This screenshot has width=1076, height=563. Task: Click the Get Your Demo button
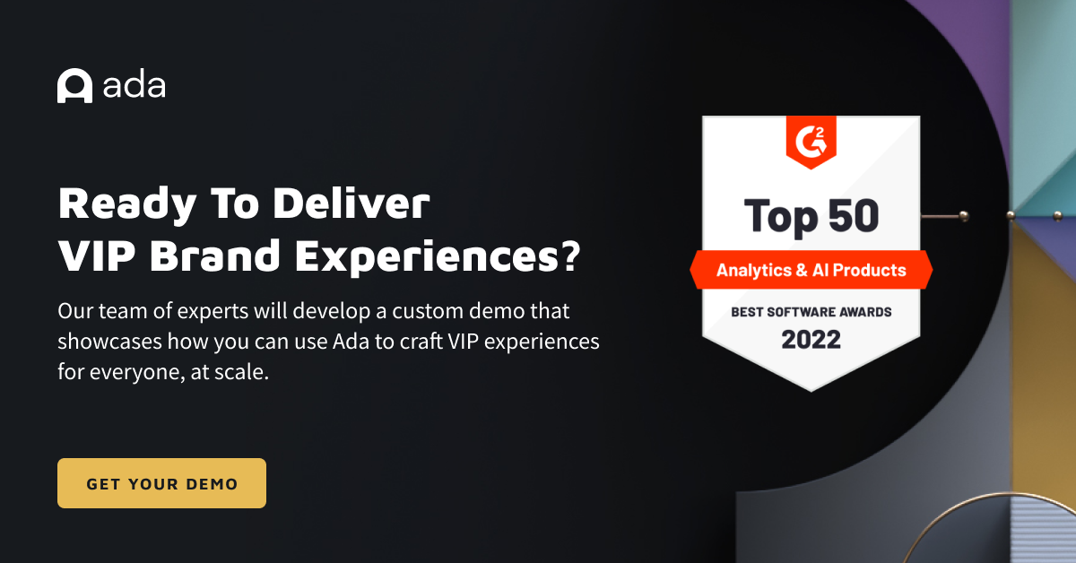tap(161, 483)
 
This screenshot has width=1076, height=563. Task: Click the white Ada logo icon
tap(75, 85)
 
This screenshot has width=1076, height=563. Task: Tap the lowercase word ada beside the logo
tap(134, 85)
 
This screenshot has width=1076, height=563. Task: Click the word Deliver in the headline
tap(351, 204)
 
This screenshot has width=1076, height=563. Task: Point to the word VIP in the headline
tap(97, 256)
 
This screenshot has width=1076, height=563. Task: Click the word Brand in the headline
tap(214, 256)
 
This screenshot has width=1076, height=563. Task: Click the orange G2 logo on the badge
tap(811, 143)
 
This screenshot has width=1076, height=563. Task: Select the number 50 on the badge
tap(854, 215)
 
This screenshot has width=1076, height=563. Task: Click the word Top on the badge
tap(781, 218)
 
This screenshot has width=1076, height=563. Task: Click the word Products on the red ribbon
tap(870, 270)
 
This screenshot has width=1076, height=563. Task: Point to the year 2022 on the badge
tap(811, 340)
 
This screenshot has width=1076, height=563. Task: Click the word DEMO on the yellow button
tap(212, 484)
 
